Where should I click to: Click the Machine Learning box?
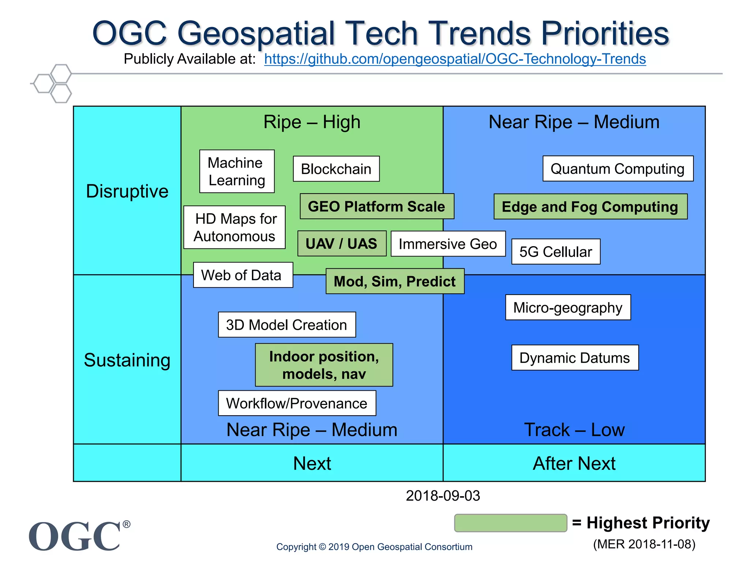237,171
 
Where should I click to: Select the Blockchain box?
336,169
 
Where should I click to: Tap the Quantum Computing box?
618,169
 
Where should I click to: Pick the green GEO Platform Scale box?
377,206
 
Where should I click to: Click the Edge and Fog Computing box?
590,207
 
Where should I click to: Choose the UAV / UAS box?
342,244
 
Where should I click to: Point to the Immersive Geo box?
448,244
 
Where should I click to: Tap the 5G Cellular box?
556,252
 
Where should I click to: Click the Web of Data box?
243,275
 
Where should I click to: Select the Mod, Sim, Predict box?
395,281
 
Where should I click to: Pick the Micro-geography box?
568,307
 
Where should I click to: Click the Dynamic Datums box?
575,358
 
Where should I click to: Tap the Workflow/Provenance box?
297,403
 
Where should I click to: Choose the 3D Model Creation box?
287,325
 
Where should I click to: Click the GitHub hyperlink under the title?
455,59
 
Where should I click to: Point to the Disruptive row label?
127,191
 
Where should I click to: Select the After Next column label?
574,463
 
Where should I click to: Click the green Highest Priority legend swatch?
511,523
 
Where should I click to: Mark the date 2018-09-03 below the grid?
443,496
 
